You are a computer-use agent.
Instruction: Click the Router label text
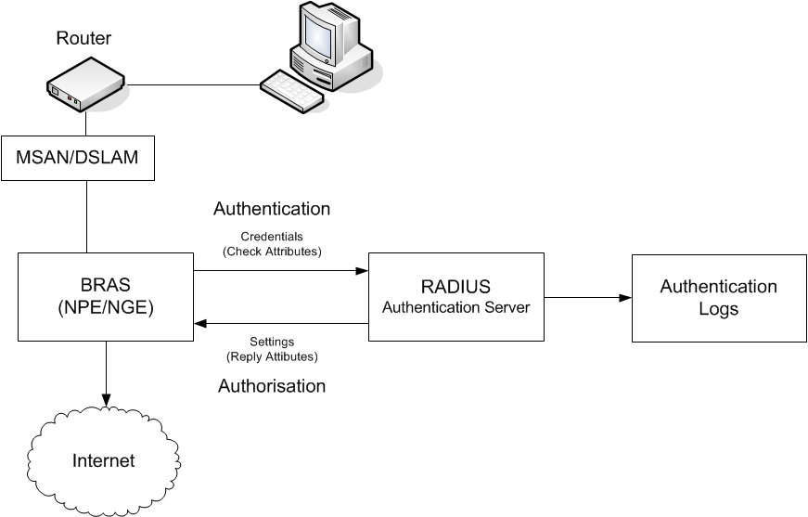coord(83,38)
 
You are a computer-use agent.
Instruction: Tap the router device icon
coord(85,84)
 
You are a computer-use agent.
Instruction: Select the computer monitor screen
coord(317,36)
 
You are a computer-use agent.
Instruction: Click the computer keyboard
coord(292,91)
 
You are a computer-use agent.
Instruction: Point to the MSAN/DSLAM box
coord(78,158)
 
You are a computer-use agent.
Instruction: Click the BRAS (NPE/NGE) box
coord(106,297)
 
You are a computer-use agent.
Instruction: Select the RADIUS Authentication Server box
coord(456,297)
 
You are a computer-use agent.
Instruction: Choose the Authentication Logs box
coord(719,298)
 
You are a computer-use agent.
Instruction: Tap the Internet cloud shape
coord(104,459)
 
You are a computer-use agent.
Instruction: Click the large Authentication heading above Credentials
coord(272,209)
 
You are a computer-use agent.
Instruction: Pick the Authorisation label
coord(272,386)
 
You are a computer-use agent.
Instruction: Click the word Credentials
coord(272,237)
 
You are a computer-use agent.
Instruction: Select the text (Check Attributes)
coord(272,252)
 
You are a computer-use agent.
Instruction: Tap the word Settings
coord(272,342)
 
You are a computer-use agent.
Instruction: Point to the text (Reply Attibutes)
coord(272,356)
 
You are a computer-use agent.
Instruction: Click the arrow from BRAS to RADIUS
coord(281,271)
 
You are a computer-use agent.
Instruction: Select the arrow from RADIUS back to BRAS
coord(281,324)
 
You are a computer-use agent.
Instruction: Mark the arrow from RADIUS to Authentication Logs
coord(588,297)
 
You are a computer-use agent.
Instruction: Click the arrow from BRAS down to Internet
coord(106,374)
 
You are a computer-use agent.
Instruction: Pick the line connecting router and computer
coord(194,84)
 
